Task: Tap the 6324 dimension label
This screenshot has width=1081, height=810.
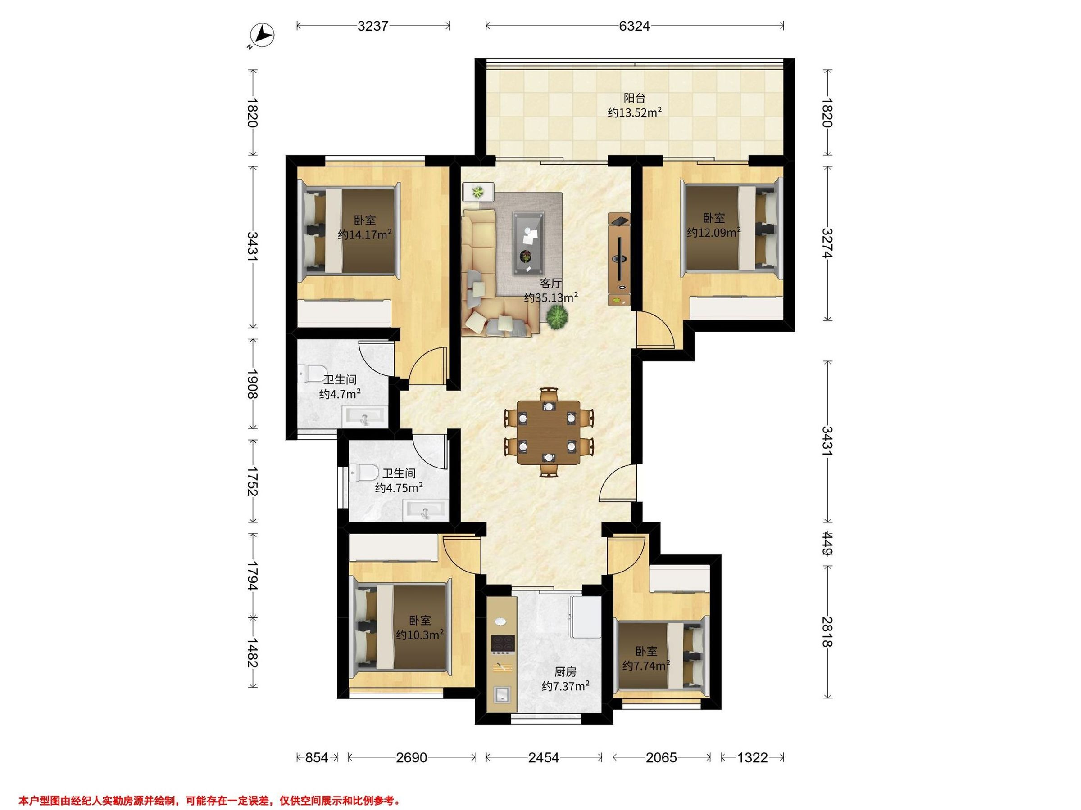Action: pos(634,26)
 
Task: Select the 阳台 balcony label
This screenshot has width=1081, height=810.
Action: pos(634,98)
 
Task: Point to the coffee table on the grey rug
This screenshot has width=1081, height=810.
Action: pos(528,243)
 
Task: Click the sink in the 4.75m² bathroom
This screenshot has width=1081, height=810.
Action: pos(425,511)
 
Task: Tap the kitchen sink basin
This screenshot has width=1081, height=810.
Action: pos(502,693)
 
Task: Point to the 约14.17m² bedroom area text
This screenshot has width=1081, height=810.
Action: pos(365,235)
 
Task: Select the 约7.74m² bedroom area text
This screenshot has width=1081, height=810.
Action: pos(645,665)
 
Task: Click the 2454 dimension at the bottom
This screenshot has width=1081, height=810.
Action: pos(544,757)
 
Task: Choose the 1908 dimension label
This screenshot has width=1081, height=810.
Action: pos(252,384)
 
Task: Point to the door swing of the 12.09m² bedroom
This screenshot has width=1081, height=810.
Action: pos(655,329)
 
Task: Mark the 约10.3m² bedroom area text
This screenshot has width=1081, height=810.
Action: pos(420,634)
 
